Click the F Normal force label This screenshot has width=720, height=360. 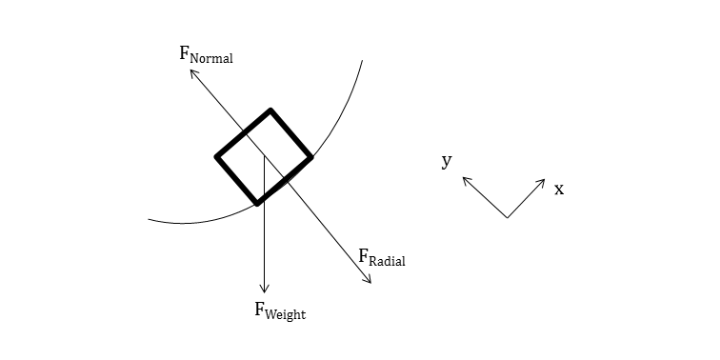(x=206, y=54)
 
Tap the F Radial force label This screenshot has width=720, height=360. (x=381, y=257)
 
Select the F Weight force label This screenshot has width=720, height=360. (x=279, y=310)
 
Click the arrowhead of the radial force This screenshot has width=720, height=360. (x=370, y=283)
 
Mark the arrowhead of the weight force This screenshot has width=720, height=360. (x=265, y=290)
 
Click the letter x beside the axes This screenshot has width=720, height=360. (x=559, y=190)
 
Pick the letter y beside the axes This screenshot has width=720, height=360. (x=446, y=160)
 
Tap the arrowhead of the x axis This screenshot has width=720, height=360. (x=544, y=180)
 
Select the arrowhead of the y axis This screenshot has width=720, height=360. (x=465, y=178)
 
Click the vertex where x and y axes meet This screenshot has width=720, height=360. (x=507, y=218)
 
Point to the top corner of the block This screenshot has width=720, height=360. (x=271, y=110)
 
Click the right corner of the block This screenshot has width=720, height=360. (x=310, y=157)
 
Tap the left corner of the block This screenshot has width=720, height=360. (x=217, y=157)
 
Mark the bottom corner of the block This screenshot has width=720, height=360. (x=256, y=203)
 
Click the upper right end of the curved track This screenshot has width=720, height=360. (x=362, y=61)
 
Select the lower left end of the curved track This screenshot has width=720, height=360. (x=149, y=220)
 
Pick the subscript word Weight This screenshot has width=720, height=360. (x=287, y=313)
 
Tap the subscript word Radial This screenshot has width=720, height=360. (x=388, y=261)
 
